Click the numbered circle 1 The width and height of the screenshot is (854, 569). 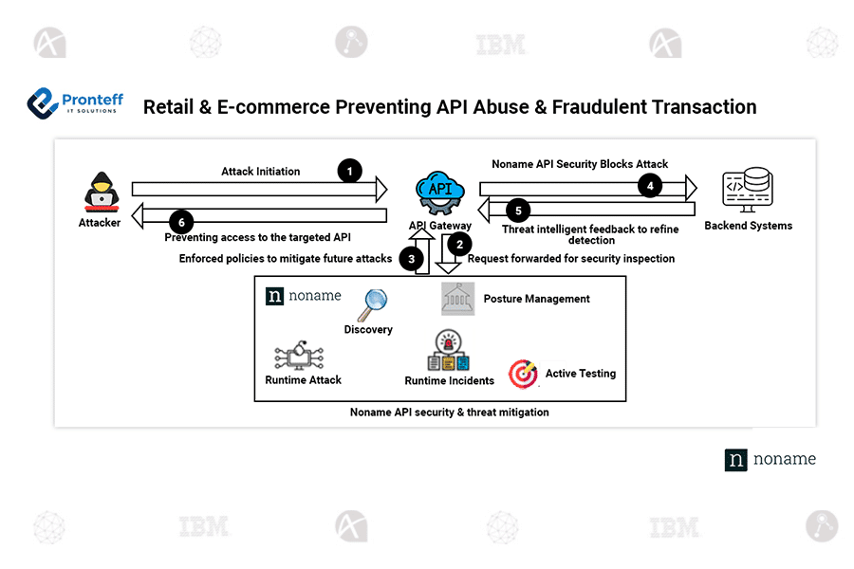coord(350,171)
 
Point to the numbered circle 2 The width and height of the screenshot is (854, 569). coord(459,244)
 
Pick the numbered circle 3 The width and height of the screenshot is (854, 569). coord(411,257)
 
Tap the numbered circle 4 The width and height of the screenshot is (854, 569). coord(649,186)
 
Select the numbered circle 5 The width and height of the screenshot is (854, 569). coord(517,211)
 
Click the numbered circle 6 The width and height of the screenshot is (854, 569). coord(183,223)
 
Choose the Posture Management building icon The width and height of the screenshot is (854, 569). coord(457,298)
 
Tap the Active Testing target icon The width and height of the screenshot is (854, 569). coord(523,374)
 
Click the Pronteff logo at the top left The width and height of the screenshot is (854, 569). coord(73,102)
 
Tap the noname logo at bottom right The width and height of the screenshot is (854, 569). coord(770,459)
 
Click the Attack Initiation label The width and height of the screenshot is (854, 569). coord(260,172)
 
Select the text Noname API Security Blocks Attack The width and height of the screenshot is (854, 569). coord(580,164)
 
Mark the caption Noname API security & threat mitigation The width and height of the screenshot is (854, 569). coord(449,413)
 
